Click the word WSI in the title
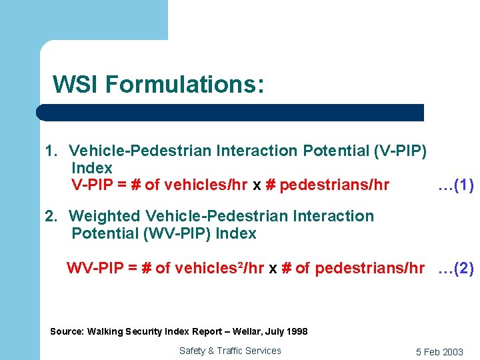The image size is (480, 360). click(75, 85)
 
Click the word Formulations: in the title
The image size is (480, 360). click(184, 85)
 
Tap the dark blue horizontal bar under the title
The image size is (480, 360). click(230, 112)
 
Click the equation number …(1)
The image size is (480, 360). click(455, 185)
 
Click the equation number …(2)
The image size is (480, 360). click(455, 269)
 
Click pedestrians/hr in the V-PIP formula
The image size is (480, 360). click(335, 185)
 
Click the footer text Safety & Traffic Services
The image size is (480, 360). click(230, 351)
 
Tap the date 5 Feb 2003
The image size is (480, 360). click(439, 352)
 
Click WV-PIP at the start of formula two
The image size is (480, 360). click(95, 269)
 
